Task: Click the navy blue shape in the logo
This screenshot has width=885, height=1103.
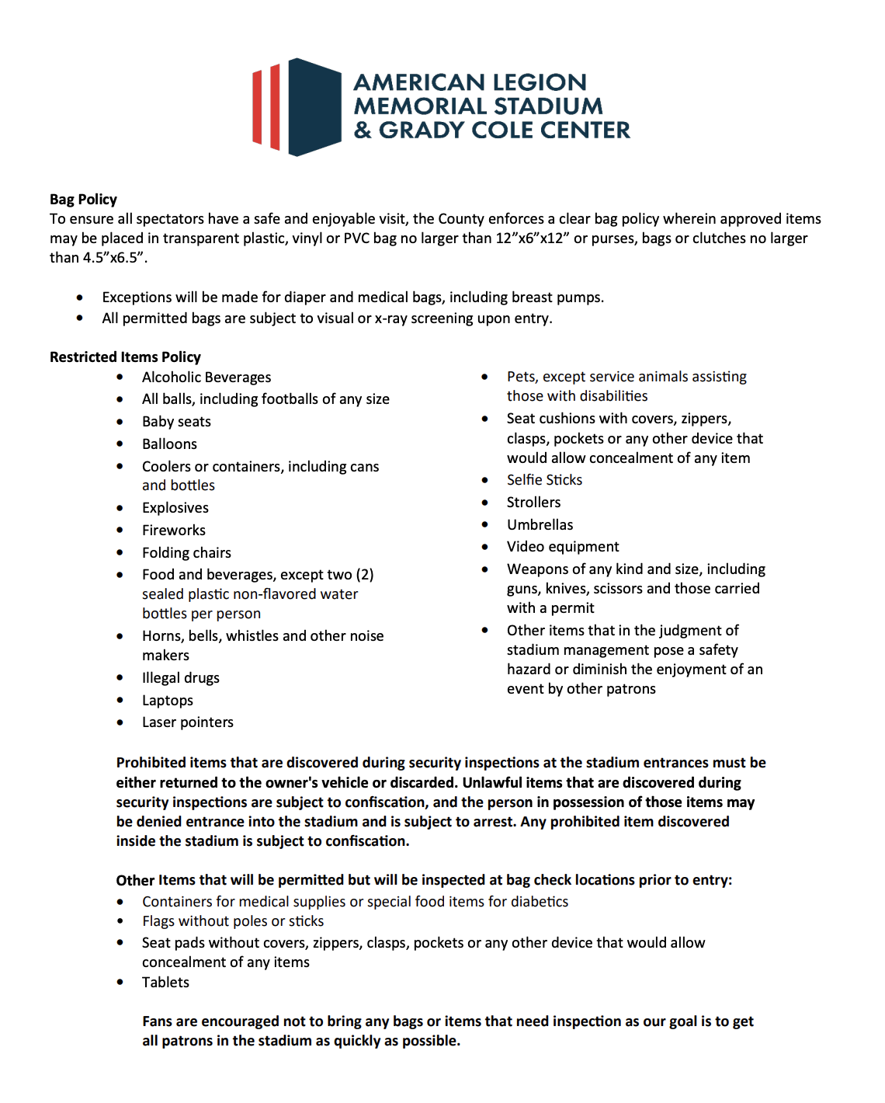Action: click(314, 107)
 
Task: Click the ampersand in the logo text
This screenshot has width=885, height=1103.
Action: click(363, 130)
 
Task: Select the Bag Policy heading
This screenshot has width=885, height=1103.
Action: click(83, 200)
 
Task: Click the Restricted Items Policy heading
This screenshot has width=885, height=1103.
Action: click(125, 357)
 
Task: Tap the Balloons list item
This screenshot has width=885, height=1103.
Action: click(169, 444)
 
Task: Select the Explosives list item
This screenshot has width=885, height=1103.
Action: click(175, 508)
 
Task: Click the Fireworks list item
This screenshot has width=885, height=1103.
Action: click(174, 531)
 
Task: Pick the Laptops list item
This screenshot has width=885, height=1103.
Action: click(168, 701)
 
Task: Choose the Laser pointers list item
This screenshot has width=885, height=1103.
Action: click(188, 722)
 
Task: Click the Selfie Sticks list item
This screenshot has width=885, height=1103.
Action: click(544, 480)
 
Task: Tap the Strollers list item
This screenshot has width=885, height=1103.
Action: click(533, 503)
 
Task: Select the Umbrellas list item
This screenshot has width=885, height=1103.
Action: click(540, 525)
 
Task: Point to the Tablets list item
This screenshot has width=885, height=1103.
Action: click(165, 983)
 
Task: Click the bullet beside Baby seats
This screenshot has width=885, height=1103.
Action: click(120, 422)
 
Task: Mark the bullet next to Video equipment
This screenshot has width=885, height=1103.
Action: click(485, 548)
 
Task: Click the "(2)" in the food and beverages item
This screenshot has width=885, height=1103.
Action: click(365, 575)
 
